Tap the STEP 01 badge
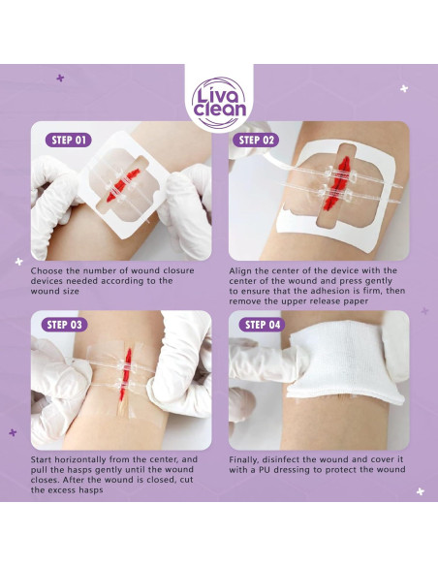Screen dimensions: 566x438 69,140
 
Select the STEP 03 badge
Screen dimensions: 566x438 69,325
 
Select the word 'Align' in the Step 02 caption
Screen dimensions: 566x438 243,270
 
